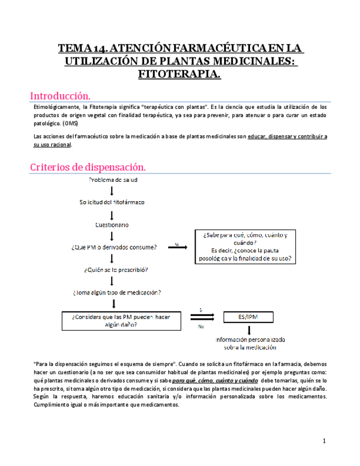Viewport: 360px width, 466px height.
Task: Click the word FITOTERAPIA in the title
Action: coord(180,73)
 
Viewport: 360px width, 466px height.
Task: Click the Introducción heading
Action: coord(60,95)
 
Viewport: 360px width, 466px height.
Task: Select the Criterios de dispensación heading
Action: coord(87,167)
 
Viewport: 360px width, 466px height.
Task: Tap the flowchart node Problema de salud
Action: coord(113,180)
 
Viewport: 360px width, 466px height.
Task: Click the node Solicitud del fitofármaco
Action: coord(112,202)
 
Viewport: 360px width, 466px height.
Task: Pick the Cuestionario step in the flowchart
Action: coord(112,225)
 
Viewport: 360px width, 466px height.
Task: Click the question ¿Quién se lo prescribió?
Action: coord(116,270)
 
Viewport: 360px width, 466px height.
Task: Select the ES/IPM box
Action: coord(248,317)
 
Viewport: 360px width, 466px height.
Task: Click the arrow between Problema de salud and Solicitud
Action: coord(112,191)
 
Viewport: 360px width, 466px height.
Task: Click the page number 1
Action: coord(324,441)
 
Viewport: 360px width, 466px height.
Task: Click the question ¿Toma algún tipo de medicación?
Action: coord(120,292)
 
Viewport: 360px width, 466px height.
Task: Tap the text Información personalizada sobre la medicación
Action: coord(250,343)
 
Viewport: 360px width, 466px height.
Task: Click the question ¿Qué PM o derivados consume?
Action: coord(114,247)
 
